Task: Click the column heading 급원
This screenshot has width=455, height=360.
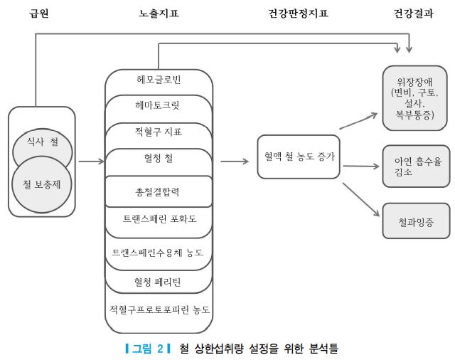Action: point(39,13)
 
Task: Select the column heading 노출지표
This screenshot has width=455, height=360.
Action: point(159,13)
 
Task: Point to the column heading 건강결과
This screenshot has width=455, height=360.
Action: point(413,13)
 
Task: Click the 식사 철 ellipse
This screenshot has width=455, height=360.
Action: point(43,142)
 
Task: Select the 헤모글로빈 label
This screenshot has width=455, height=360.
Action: point(159,79)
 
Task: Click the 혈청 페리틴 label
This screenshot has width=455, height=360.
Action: point(158,282)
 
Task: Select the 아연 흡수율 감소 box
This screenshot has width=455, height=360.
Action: point(413,166)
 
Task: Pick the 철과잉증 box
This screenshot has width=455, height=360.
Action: point(413,221)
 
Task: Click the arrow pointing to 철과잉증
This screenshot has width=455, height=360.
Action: point(359,198)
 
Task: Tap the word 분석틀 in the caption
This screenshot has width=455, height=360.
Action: point(323,349)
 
